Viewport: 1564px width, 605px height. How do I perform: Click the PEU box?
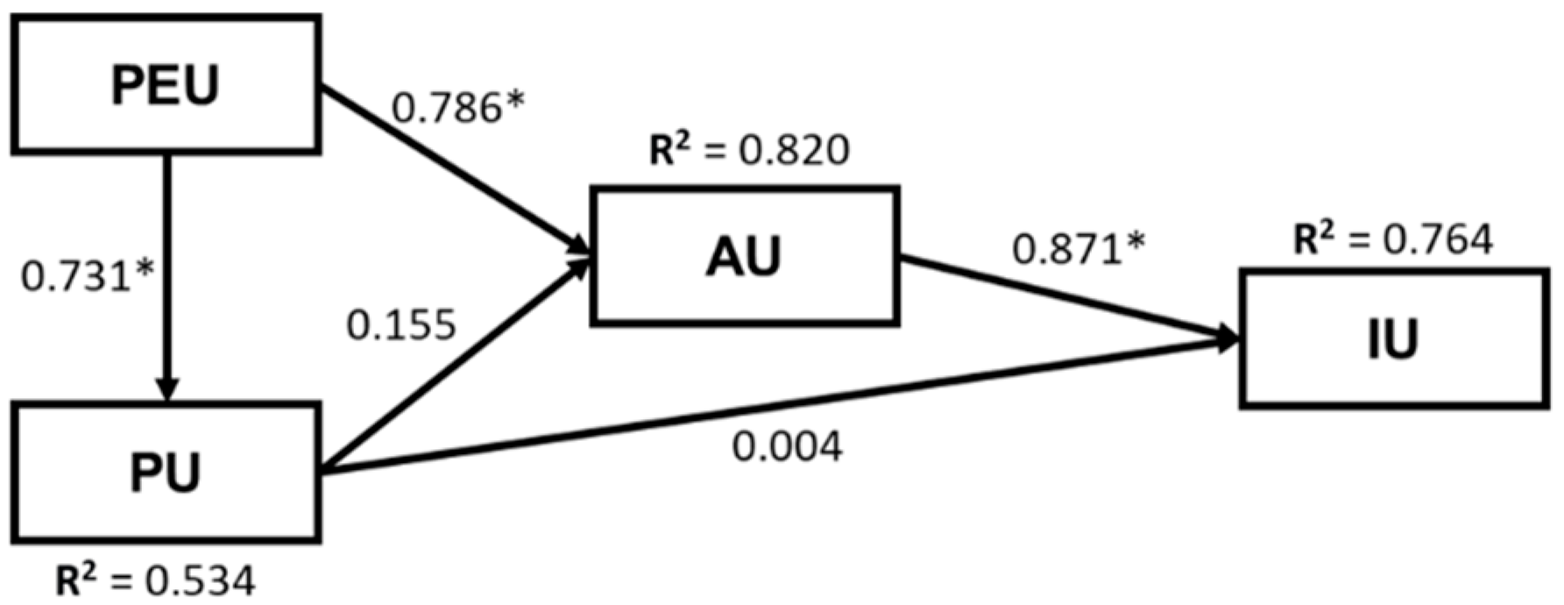coord(166,85)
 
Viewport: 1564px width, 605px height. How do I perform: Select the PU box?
coord(166,472)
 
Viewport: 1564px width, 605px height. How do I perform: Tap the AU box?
coord(745,256)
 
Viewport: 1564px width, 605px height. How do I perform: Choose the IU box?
coord(1393,338)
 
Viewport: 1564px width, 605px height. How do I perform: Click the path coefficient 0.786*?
coord(457,109)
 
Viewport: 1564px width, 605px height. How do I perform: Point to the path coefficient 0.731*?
coord(87,277)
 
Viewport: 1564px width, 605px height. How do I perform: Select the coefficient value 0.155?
coord(401,325)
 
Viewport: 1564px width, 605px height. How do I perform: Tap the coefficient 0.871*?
coord(1079,249)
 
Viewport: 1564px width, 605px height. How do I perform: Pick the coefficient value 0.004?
coord(787,446)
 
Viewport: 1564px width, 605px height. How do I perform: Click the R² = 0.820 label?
coord(749,150)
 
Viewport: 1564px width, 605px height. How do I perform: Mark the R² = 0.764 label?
coord(1393,238)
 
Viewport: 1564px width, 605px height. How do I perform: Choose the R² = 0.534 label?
coord(156,581)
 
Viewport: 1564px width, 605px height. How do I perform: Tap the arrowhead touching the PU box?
coord(166,390)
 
